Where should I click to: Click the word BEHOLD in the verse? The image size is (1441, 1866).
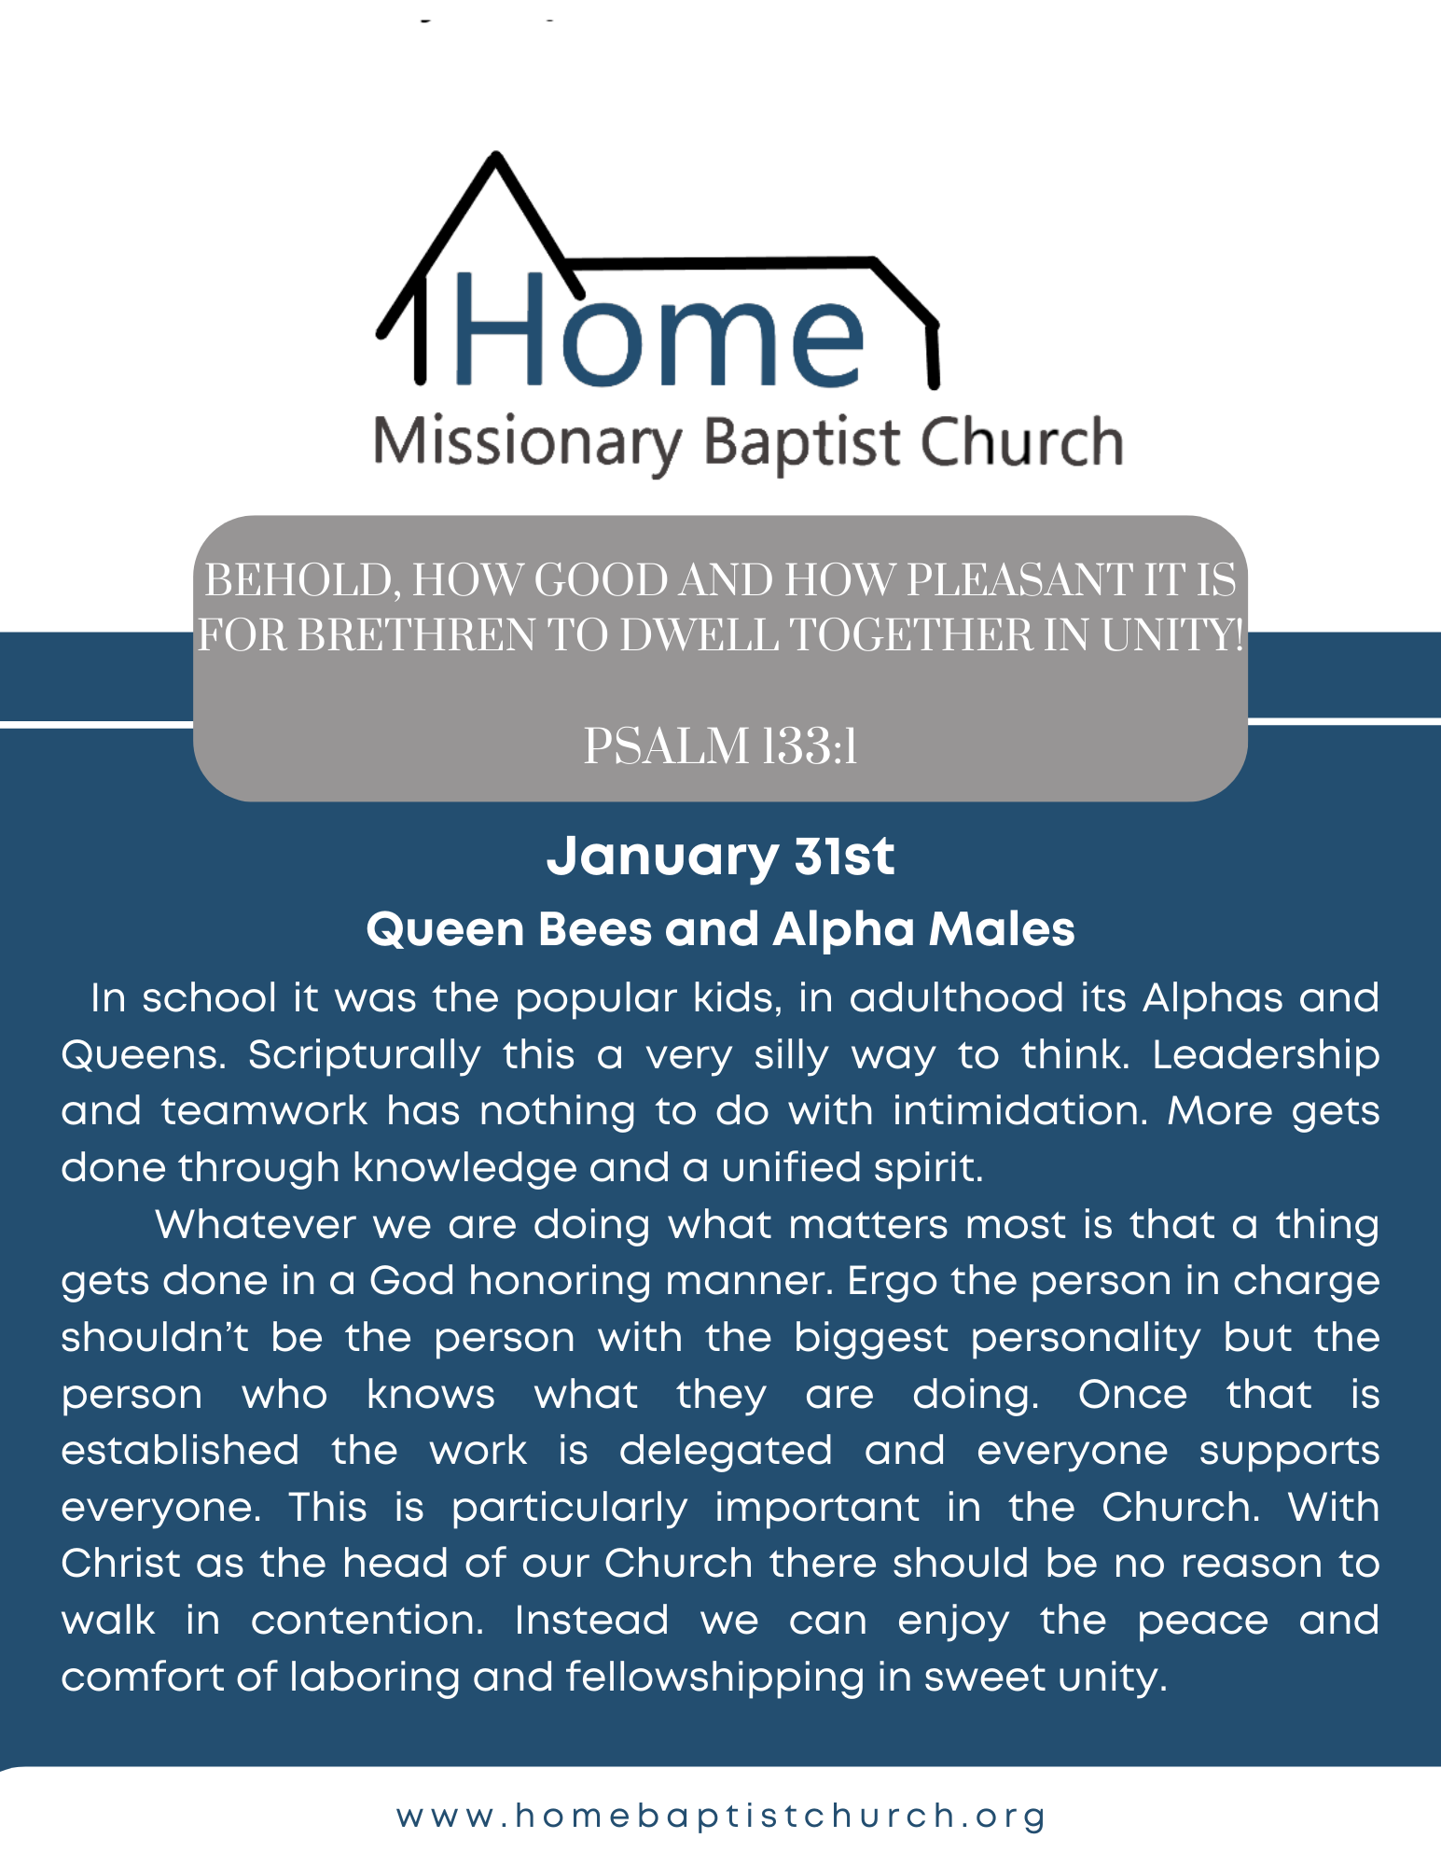(302, 581)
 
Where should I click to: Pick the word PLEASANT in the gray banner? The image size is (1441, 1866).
(1018, 580)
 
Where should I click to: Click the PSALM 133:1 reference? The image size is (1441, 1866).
(720, 746)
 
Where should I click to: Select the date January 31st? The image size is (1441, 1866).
(720, 856)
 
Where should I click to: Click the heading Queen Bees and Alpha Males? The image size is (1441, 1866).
(720, 929)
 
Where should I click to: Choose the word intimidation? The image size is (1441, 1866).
(1020, 1111)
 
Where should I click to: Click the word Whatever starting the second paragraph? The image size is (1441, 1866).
(256, 1224)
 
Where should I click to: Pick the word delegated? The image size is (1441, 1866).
(726, 1452)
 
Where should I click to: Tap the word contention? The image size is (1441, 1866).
(367, 1621)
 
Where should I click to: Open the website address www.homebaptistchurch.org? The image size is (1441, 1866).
(721, 1816)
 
